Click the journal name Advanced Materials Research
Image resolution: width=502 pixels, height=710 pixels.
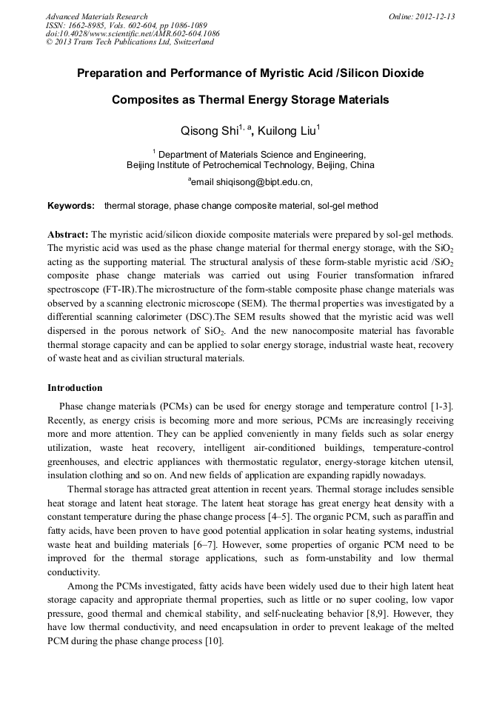pyautogui.click(x=96, y=16)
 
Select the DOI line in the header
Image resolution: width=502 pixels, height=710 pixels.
pyautogui.click(x=133, y=33)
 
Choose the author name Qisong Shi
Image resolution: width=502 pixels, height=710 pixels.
pyautogui.click(x=210, y=131)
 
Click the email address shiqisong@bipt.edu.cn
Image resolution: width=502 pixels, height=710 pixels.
pyautogui.click(x=252, y=181)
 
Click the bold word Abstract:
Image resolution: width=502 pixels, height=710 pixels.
pyautogui.click(x=68, y=234)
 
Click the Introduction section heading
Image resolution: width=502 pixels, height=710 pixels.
pyautogui.click(x=75, y=388)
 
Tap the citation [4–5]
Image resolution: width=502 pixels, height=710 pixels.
pyautogui.click(x=280, y=517)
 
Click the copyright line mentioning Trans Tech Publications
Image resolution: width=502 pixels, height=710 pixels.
pyautogui.click(x=130, y=42)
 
